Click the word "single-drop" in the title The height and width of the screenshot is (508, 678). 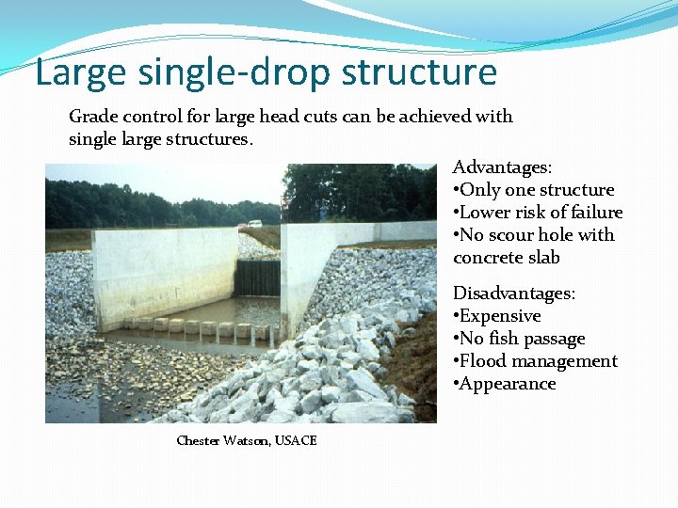coord(235,72)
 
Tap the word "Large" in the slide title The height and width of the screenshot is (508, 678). coord(76,72)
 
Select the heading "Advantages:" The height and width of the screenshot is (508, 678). coord(502,167)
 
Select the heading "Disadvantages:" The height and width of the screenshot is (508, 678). coord(514,294)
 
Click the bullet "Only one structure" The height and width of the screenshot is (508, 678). coord(537,190)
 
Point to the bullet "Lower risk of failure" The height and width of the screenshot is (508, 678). coord(541,213)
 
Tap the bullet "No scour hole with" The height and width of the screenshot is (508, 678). coord(537,235)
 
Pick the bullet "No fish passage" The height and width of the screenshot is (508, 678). coord(523,339)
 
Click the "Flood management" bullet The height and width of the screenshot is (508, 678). coord(539,361)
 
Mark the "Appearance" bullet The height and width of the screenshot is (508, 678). coord(508,384)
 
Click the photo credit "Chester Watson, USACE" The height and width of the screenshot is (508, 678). coord(247,440)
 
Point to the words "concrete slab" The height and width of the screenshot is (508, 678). coord(507,258)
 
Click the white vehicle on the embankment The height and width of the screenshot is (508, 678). coord(255,224)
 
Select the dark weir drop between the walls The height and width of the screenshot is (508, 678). coord(258,278)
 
